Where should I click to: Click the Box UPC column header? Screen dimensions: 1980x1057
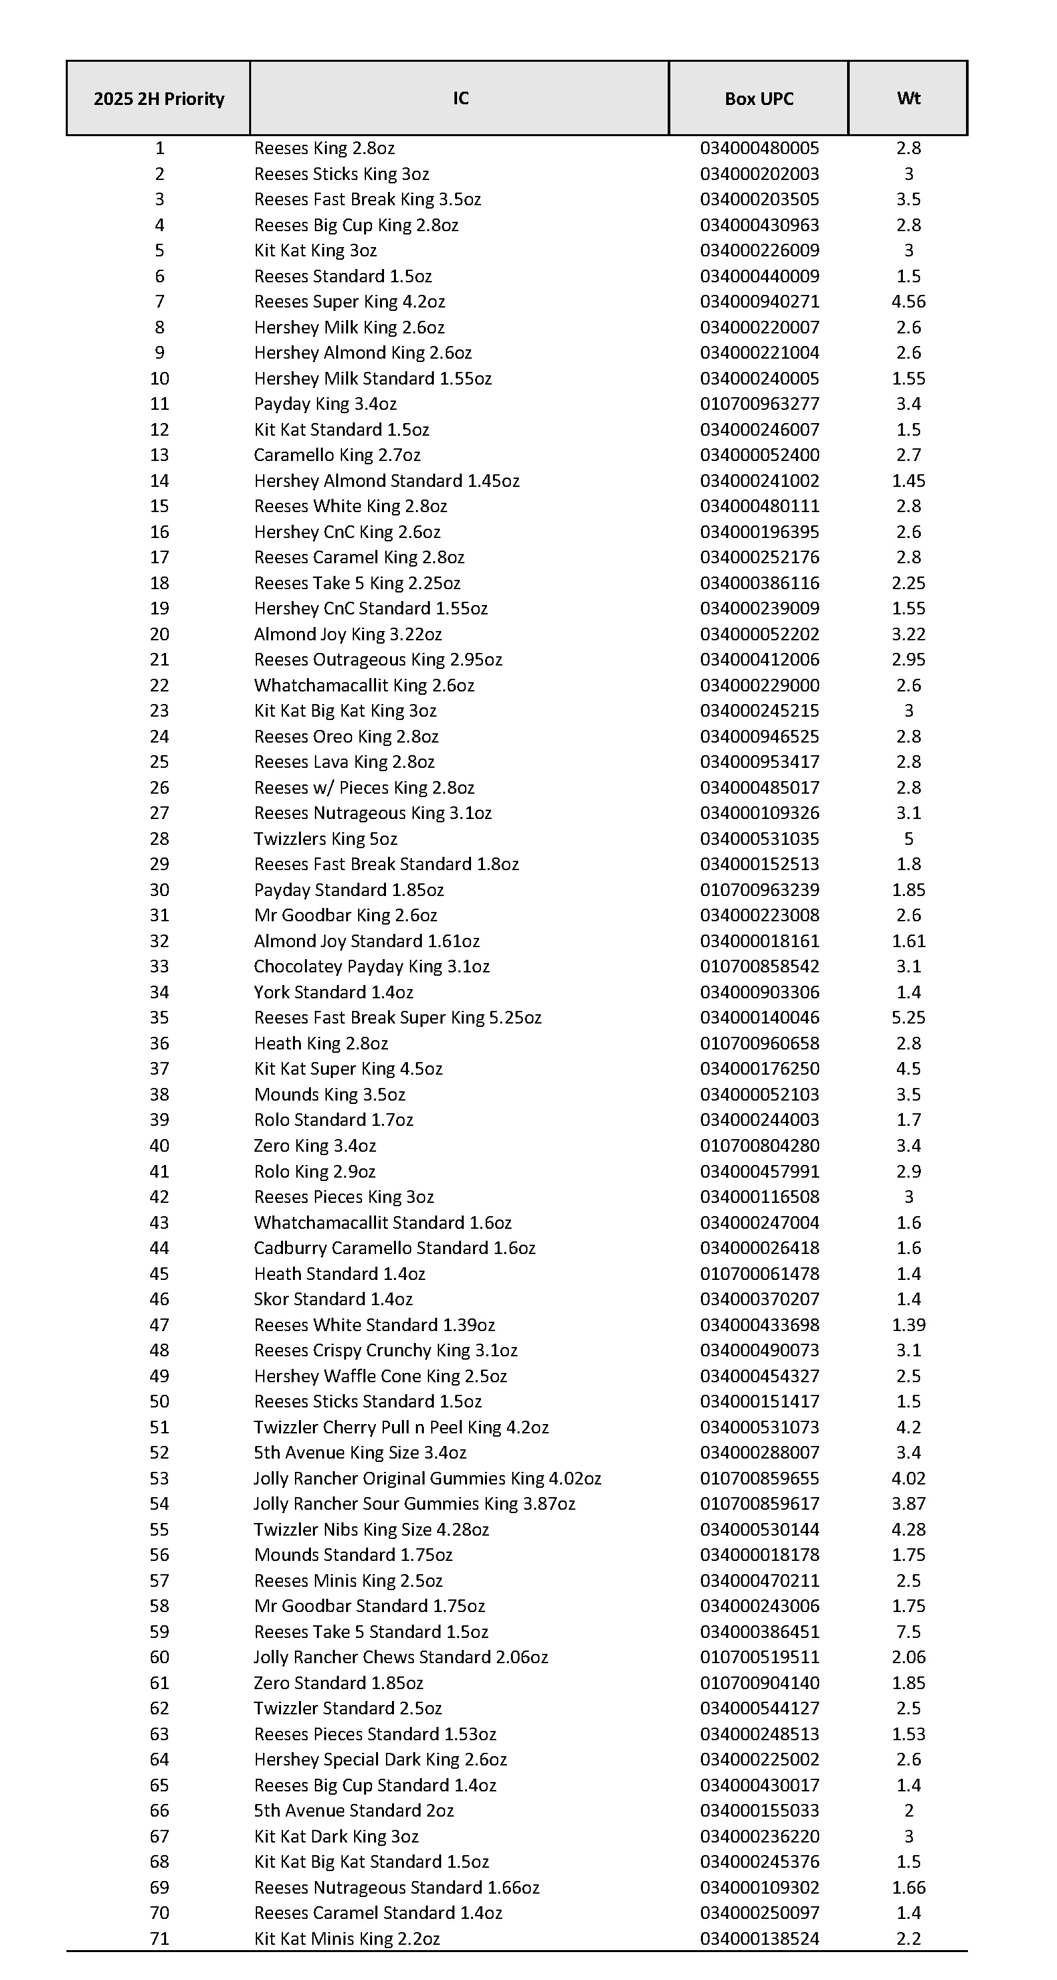(x=759, y=98)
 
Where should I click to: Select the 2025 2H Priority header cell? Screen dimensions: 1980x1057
(x=158, y=98)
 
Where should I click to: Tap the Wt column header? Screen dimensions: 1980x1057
(x=908, y=98)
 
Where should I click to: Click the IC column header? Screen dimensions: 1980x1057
(x=460, y=98)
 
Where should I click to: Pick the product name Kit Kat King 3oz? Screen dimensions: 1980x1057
(x=315, y=250)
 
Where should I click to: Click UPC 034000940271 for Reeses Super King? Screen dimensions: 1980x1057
(x=759, y=302)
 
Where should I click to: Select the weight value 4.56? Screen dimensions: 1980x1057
(x=908, y=302)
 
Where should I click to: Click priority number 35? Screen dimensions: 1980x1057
(x=159, y=1018)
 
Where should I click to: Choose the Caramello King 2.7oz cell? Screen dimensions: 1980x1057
(x=337, y=455)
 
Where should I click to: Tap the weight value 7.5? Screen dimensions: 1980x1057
(x=908, y=1631)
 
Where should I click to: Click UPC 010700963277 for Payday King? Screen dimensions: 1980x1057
(x=759, y=404)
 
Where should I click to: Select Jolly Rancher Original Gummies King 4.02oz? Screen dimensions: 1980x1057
(x=427, y=1478)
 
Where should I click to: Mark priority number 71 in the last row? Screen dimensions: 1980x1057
(x=159, y=1939)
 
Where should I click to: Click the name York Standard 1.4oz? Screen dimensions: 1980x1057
(x=334, y=992)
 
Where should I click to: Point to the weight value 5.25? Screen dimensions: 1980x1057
(x=908, y=1018)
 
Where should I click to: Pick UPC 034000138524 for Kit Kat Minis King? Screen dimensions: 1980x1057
(x=759, y=1939)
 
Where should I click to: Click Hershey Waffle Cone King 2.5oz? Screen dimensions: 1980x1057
(x=381, y=1376)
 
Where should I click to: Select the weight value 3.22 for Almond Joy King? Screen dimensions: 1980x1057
(x=908, y=634)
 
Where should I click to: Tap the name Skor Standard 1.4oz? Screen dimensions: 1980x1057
(x=333, y=1299)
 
